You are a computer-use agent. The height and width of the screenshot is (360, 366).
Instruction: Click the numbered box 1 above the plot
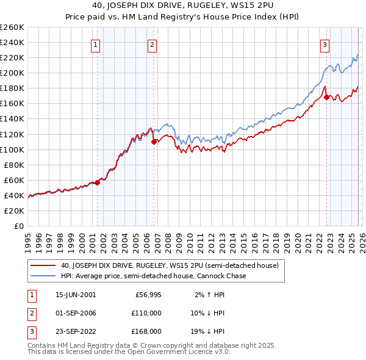point(96,44)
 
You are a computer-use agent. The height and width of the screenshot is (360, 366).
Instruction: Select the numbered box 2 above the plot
point(152,44)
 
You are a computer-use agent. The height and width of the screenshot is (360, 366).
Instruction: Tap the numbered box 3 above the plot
point(325,44)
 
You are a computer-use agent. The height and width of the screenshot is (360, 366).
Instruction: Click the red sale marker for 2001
point(97,182)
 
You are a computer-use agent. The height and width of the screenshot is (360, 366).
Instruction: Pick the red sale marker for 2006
point(154,142)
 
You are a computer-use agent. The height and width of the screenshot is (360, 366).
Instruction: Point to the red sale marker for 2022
point(327,97)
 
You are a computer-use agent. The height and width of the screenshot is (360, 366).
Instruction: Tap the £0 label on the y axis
point(18,226)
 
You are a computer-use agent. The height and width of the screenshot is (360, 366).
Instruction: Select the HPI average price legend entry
point(152,276)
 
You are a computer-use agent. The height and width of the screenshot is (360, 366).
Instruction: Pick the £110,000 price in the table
point(146,313)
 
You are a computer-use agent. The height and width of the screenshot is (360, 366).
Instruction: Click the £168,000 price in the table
point(146,331)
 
